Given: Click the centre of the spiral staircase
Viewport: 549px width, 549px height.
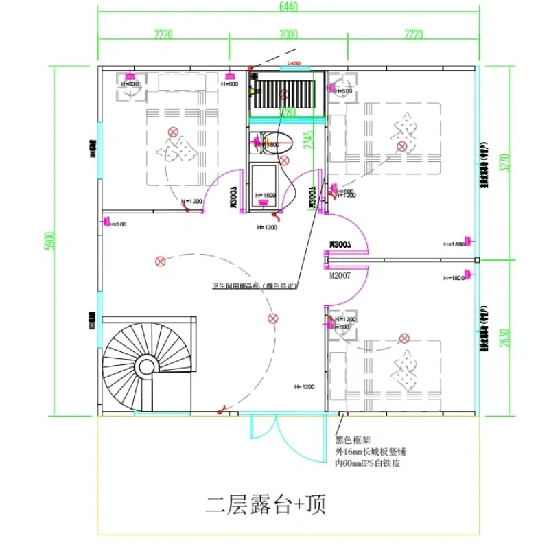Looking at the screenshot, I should (145, 366).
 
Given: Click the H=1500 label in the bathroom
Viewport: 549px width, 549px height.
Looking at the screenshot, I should (265, 196).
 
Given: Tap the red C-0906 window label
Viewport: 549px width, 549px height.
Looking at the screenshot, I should (294, 63).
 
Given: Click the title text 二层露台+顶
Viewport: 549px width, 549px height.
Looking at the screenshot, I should (266, 506).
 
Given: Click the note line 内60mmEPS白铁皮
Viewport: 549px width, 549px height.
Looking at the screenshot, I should (368, 463).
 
